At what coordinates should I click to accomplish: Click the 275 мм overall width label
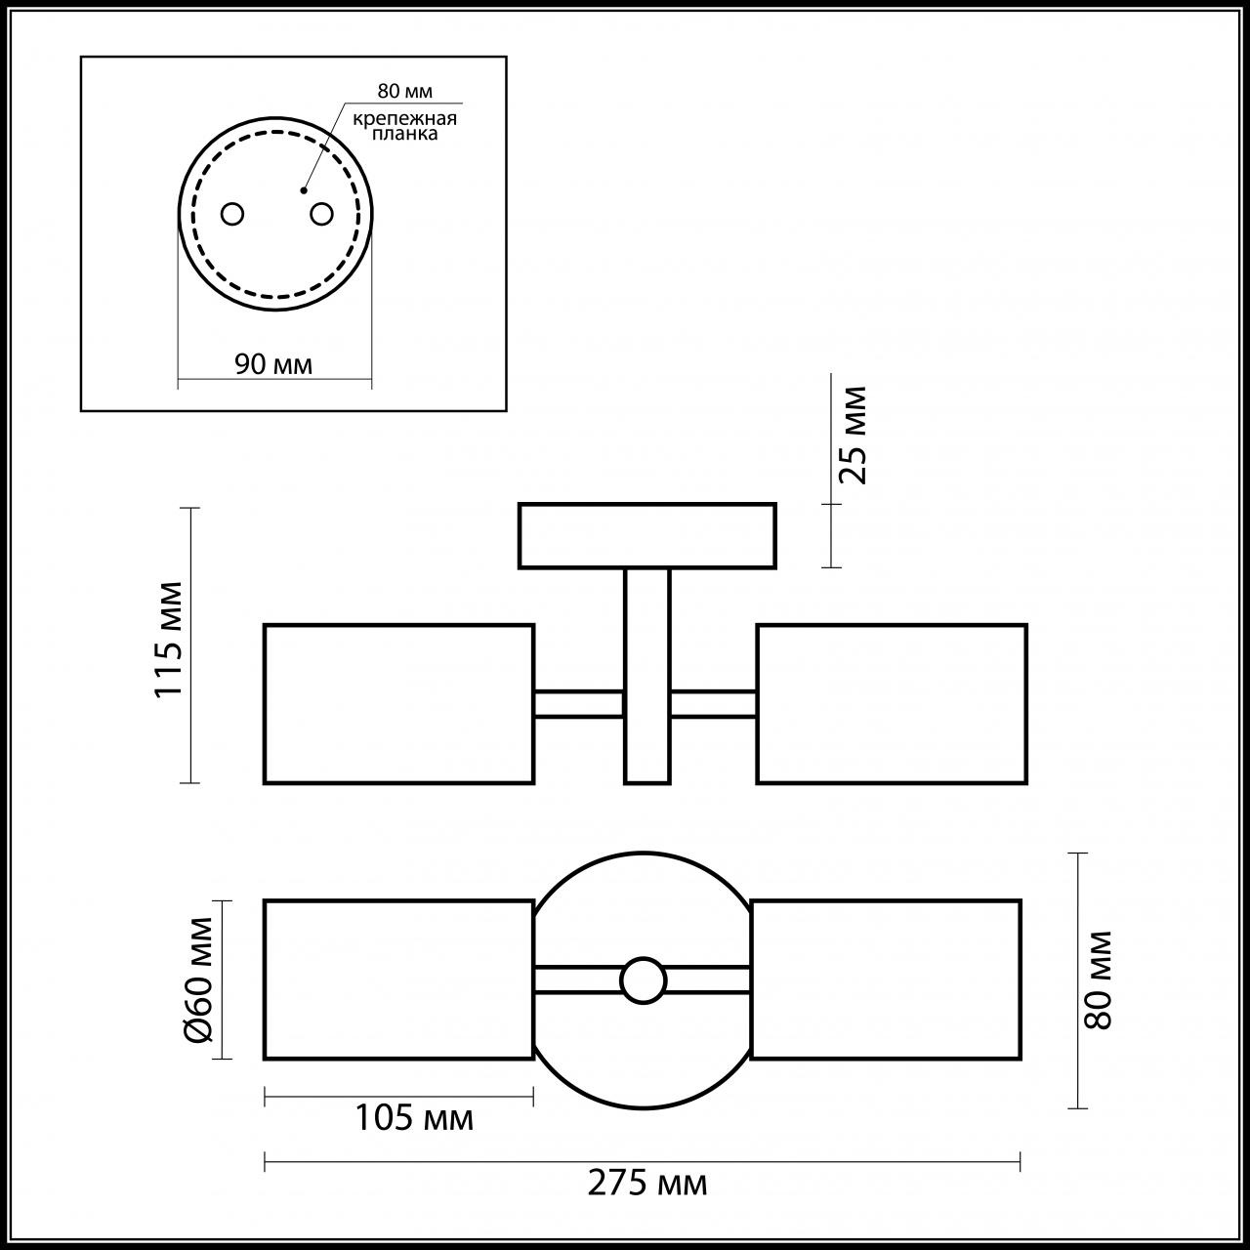646,1185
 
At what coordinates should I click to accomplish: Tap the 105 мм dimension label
413,1117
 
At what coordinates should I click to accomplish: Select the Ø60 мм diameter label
199,979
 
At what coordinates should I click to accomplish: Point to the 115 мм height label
169,640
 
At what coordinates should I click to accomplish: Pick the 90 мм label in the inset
273,364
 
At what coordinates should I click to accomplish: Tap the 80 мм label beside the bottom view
1099,979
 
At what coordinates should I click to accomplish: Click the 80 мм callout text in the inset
404,91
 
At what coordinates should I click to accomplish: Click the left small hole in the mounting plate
232,213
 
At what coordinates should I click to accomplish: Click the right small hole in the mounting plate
321,212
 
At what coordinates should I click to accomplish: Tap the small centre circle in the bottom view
643,980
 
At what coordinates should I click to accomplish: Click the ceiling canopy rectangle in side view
646,535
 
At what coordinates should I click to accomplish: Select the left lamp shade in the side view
398,703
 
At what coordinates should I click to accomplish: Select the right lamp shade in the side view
891,703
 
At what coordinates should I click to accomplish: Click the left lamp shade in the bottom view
398,979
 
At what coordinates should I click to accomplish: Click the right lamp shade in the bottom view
885,979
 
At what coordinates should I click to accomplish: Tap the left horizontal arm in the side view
578,703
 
